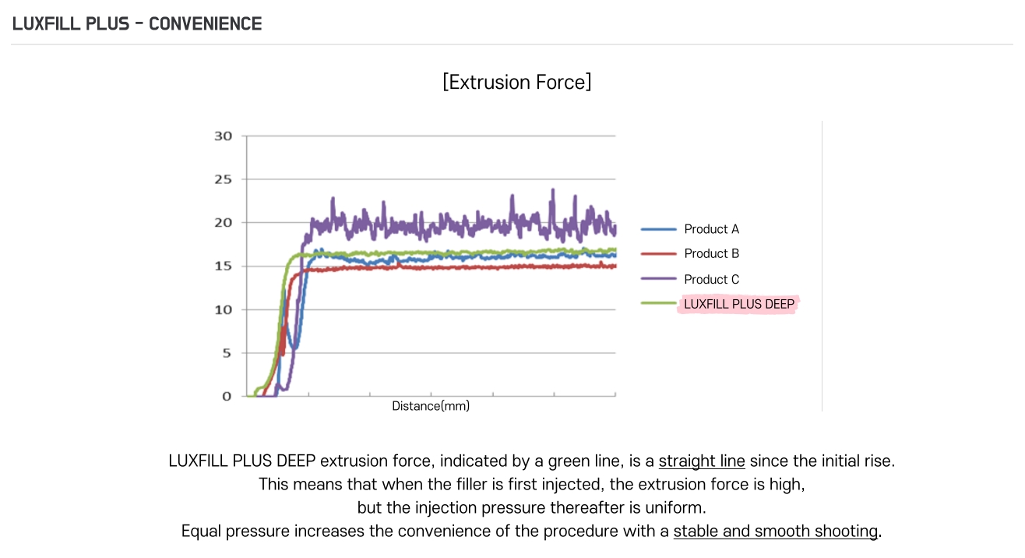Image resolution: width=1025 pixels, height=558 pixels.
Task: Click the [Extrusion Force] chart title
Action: pyautogui.click(x=516, y=82)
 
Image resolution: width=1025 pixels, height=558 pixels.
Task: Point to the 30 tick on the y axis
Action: pyautogui.click(x=223, y=136)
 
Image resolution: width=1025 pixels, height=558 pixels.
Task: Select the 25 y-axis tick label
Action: pyautogui.click(x=223, y=179)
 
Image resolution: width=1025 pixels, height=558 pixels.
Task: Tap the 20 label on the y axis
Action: pyautogui.click(x=223, y=223)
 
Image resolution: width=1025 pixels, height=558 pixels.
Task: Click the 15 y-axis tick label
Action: pyautogui.click(x=223, y=267)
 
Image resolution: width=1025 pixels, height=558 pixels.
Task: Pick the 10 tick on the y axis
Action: pyautogui.click(x=223, y=309)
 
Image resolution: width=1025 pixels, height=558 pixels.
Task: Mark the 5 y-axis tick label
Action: pyautogui.click(x=227, y=353)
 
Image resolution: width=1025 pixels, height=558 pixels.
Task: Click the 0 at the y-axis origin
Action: pyautogui.click(x=227, y=396)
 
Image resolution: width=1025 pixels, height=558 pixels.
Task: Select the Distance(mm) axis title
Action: pyautogui.click(x=431, y=406)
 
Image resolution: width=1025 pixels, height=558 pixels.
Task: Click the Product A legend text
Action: pyautogui.click(x=711, y=229)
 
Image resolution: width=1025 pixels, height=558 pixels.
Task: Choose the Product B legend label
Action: pyautogui.click(x=711, y=253)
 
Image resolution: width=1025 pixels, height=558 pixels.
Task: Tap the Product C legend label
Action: pyautogui.click(x=711, y=279)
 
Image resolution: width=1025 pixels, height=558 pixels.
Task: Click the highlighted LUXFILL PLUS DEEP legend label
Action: pyautogui.click(x=738, y=304)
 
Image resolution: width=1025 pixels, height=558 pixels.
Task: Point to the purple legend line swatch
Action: pyautogui.click(x=658, y=279)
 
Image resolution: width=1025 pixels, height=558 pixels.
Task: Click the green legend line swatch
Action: pyautogui.click(x=658, y=304)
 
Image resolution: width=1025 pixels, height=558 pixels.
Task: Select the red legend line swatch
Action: pyautogui.click(x=658, y=253)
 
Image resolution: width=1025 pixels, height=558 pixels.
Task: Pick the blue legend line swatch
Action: pyautogui.click(x=658, y=229)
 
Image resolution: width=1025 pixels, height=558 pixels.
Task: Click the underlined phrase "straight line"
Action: pyautogui.click(x=702, y=461)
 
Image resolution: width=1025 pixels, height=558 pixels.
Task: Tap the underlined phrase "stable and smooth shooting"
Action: pyautogui.click(x=775, y=532)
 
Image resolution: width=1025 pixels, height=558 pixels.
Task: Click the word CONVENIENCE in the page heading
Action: pyautogui.click(x=205, y=23)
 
